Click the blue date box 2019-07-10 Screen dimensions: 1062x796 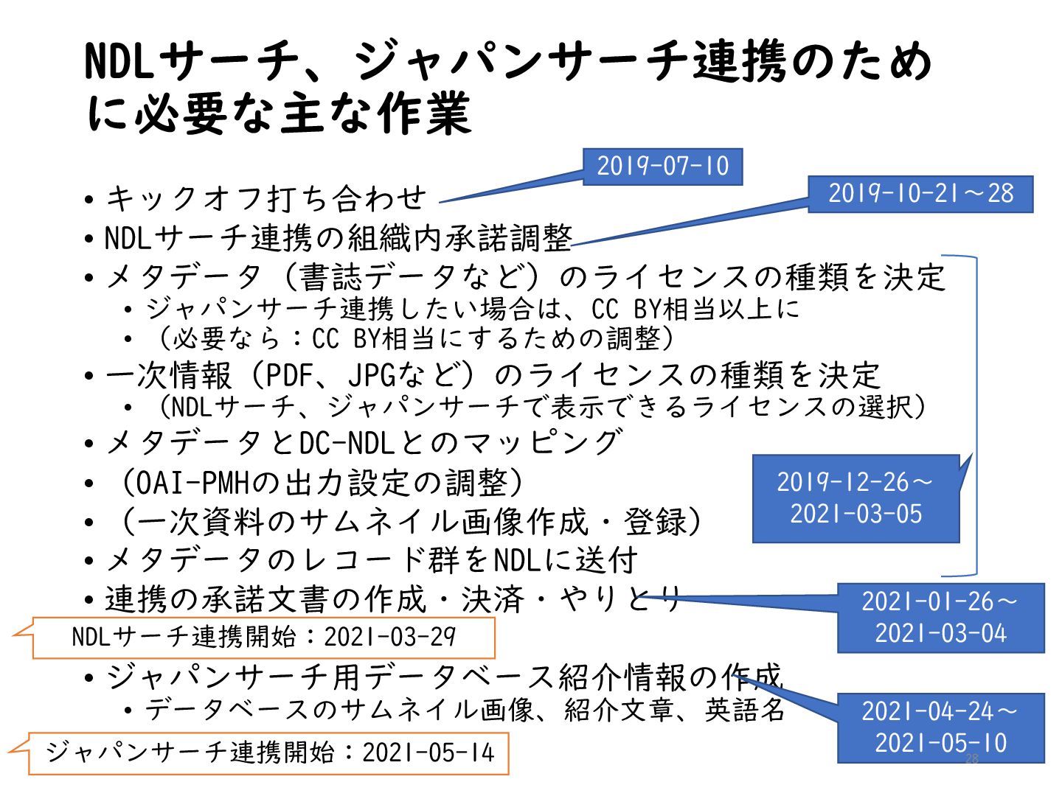[662, 166]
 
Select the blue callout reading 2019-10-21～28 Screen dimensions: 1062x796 [920, 194]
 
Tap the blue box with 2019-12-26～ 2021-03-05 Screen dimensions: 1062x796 [855, 498]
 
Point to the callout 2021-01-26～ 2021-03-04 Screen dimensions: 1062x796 [940, 618]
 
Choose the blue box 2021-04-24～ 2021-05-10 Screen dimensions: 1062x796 [940, 727]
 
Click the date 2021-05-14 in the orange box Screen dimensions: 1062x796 [428, 753]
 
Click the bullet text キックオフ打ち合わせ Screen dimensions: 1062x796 [265, 198]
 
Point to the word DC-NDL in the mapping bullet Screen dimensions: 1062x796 [347, 443]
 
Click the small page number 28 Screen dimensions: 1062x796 [971, 759]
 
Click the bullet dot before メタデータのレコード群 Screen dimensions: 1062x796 [89, 562]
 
